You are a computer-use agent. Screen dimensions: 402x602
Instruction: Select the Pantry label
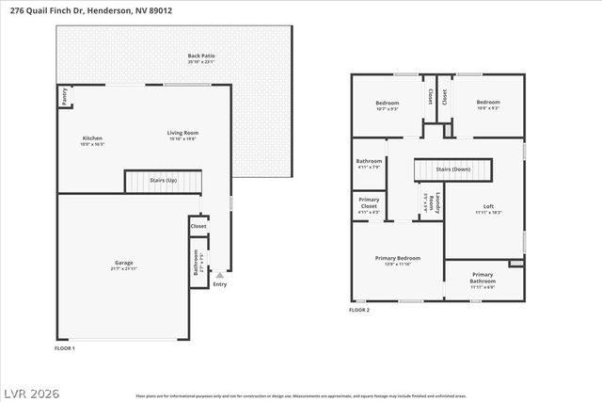(64, 95)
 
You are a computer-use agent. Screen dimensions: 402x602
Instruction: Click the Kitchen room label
(92, 138)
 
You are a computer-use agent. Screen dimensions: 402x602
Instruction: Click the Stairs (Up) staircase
(164, 180)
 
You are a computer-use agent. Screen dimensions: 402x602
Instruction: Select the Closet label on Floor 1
(198, 226)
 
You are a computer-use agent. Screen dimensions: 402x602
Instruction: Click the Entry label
(220, 283)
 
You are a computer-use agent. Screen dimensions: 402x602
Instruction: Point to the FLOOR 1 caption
(65, 348)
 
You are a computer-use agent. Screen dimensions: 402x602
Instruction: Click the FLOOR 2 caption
(359, 310)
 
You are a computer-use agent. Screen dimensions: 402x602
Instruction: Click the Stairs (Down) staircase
(453, 170)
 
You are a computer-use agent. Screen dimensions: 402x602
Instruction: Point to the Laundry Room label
(431, 201)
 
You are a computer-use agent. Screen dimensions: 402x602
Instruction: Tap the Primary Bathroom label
(483, 278)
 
